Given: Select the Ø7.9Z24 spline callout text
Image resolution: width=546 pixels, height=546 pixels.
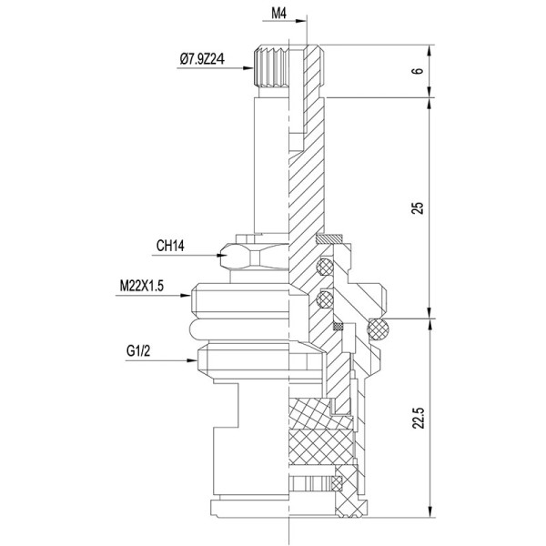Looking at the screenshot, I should coord(208,60).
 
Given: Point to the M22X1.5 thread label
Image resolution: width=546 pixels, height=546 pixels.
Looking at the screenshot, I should coord(148,284).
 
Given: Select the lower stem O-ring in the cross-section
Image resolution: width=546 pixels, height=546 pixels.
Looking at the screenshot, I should coord(321,298).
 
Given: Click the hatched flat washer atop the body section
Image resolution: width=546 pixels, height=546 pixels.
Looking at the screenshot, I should coord(329,239).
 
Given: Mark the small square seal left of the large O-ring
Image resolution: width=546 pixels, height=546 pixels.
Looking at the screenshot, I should coord(339,326).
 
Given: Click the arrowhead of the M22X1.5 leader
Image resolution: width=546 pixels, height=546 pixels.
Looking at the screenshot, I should coord(193,297).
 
